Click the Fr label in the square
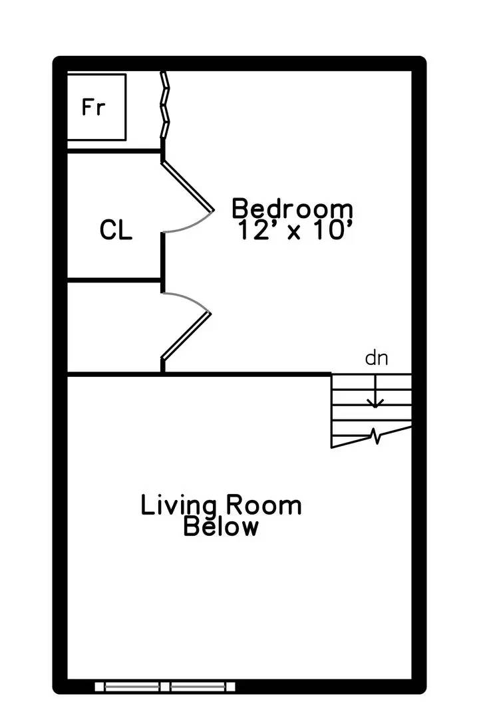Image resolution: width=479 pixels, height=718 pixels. click(94, 107)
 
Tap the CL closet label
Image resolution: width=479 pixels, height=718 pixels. click(116, 230)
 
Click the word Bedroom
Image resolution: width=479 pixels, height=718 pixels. click(292, 208)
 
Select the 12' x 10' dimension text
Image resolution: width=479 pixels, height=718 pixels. click(293, 230)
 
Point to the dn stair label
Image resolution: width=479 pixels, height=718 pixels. click(376, 359)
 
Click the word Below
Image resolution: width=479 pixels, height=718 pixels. click(221, 527)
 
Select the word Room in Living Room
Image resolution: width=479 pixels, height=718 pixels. click(263, 505)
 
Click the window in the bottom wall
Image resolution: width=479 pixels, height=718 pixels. click(165, 685)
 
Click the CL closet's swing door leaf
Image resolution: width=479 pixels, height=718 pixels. click(188, 185)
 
